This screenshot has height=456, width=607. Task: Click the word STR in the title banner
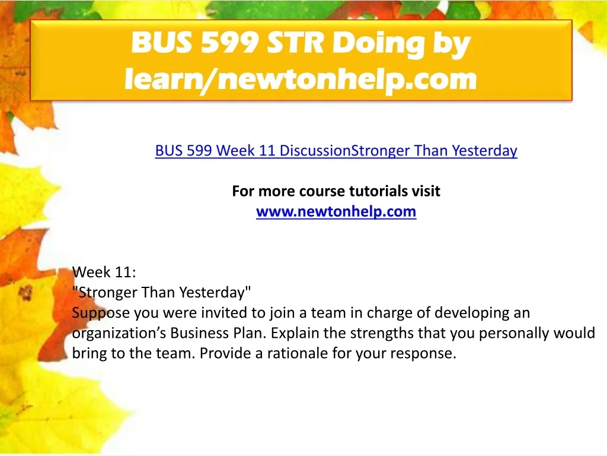coord(295,42)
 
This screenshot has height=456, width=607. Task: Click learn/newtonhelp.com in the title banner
coord(301,79)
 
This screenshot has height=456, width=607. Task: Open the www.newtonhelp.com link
coord(336,212)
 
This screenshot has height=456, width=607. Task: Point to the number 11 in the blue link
coord(267,150)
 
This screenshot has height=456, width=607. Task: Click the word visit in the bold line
coord(426,191)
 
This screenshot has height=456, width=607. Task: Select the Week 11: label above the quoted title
coord(104,272)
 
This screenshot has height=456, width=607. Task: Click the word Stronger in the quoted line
coord(104,292)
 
